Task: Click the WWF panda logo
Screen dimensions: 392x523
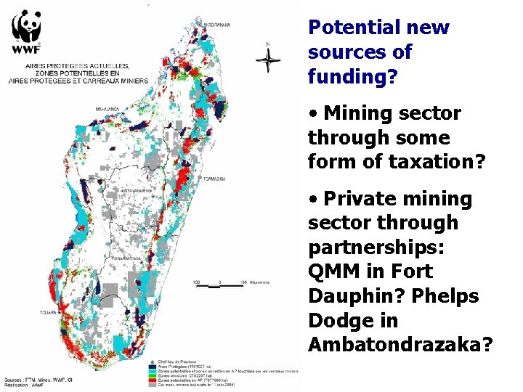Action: [x=25, y=31]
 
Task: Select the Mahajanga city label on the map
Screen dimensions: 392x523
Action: [x=107, y=109]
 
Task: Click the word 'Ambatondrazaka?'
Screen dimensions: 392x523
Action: [x=400, y=345]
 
